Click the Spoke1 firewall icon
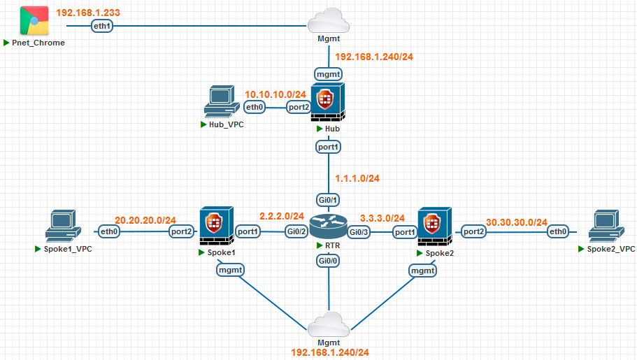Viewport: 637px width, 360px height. coord(216,226)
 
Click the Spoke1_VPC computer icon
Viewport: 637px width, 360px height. coord(64,226)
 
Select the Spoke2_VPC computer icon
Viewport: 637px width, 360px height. coord(606,226)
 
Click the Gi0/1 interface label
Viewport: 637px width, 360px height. coord(329,201)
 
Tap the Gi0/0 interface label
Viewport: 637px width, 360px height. coord(329,260)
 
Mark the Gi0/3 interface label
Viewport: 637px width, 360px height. coord(359,231)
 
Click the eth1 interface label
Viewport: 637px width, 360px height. coord(102,26)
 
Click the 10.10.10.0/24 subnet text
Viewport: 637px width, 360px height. coord(275,94)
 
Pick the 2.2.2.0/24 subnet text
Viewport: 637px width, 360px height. coord(282,216)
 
